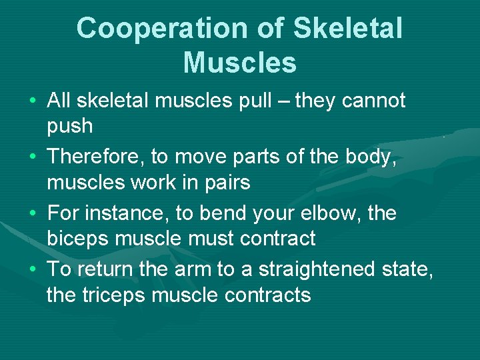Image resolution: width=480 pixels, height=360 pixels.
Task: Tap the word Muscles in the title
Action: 239,63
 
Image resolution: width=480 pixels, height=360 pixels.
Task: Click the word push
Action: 70,127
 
